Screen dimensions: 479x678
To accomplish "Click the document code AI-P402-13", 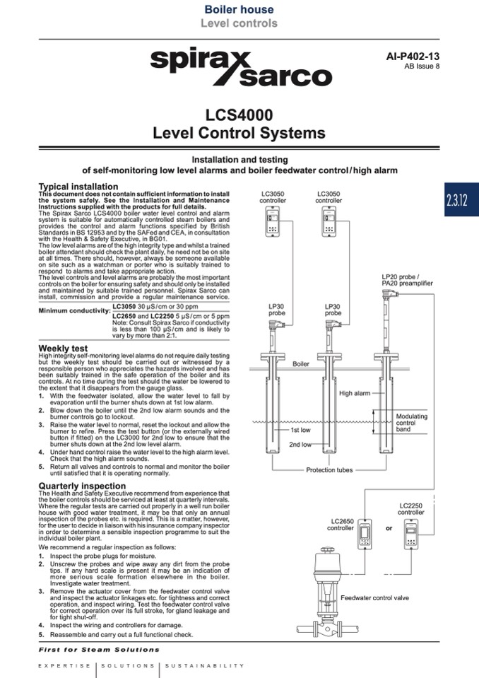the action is pyautogui.click(x=413, y=57).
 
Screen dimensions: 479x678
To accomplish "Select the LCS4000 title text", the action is pyautogui.click(x=239, y=115).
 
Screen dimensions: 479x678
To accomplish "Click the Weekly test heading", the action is pyautogui.click(x=63, y=348).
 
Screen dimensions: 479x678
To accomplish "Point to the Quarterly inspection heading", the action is pyautogui.click(x=82, y=486).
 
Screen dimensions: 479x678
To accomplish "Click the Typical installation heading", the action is pyautogui.click(x=78, y=187).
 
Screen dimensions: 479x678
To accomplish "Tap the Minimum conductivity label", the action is pyautogui.click(x=74, y=310).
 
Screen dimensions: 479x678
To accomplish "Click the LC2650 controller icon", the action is pyautogui.click(x=365, y=533).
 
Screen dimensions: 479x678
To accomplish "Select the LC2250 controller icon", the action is pyautogui.click(x=411, y=533).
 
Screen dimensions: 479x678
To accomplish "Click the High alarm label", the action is pyautogui.click(x=355, y=393).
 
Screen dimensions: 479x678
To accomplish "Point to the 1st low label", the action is pyautogui.click(x=300, y=430).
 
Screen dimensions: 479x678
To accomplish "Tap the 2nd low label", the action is pyautogui.click(x=300, y=445).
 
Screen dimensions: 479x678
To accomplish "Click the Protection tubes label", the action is pyautogui.click(x=329, y=470).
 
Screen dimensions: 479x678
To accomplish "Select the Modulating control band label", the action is pyautogui.click(x=412, y=423).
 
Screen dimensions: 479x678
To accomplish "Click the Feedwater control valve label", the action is pyautogui.click(x=374, y=597).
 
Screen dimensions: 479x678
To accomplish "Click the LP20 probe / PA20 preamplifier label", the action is pyautogui.click(x=407, y=280).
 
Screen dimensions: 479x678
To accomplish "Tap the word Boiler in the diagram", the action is pyautogui.click(x=301, y=363).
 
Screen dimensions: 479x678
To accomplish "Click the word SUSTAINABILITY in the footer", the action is pyautogui.click(x=205, y=665).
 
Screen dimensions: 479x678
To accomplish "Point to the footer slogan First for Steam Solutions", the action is pyautogui.click(x=99, y=650).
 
